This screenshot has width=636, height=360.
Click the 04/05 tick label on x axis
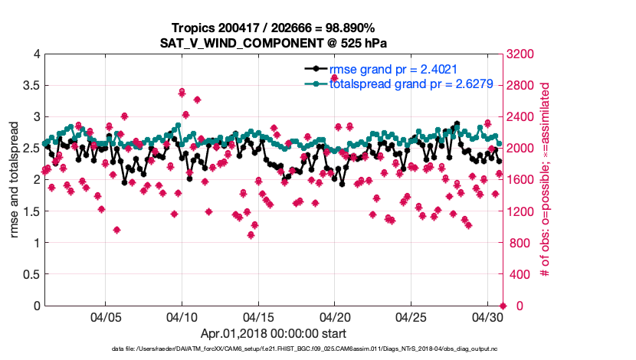click(x=106, y=316)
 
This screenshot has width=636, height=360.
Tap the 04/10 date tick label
click(x=182, y=316)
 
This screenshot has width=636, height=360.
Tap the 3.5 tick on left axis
click(x=31, y=86)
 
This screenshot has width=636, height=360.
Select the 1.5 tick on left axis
click(x=31, y=211)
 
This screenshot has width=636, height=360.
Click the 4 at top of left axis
click(x=36, y=54)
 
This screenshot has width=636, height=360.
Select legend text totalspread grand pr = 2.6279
click(x=405, y=84)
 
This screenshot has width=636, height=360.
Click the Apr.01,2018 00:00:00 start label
click(x=273, y=333)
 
